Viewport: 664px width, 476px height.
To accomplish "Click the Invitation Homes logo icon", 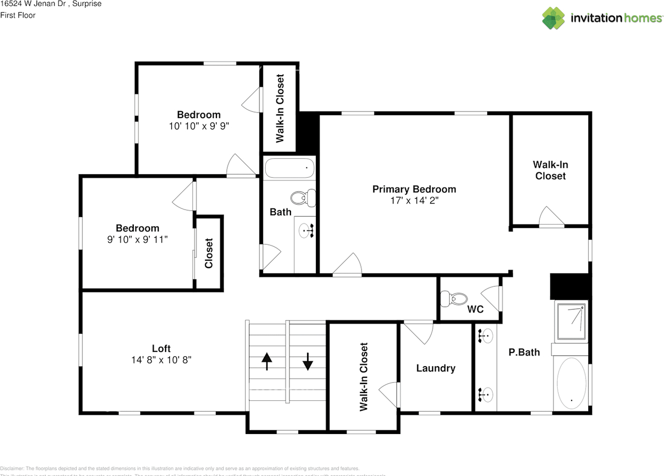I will tap(554, 18).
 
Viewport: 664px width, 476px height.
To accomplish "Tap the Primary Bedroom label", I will tap(414, 189).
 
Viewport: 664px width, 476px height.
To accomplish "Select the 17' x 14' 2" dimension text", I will tap(414, 201).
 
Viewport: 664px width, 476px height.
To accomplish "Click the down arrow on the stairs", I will tap(308, 361).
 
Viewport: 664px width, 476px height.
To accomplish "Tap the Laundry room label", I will tap(436, 368).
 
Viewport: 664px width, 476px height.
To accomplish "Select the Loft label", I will tap(161, 348).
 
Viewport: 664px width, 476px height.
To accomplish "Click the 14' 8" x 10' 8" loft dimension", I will tap(161, 360).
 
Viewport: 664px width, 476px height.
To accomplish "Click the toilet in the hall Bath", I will tap(303, 198).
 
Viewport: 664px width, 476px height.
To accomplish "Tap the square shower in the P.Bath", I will tap(571, 321).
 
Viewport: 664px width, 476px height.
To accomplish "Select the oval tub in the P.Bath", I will tap(572, 383).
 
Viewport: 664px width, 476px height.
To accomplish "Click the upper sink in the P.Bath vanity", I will tap(486, 336).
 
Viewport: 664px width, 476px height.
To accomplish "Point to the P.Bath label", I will tap(524, 353).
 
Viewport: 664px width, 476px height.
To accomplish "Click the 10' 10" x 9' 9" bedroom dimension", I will tap(199, 125).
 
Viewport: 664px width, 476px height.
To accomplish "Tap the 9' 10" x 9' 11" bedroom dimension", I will tap(137, 239).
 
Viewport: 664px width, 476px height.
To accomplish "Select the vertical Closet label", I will tap(209, 253).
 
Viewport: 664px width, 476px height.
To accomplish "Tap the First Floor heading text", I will tap(18, 16).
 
